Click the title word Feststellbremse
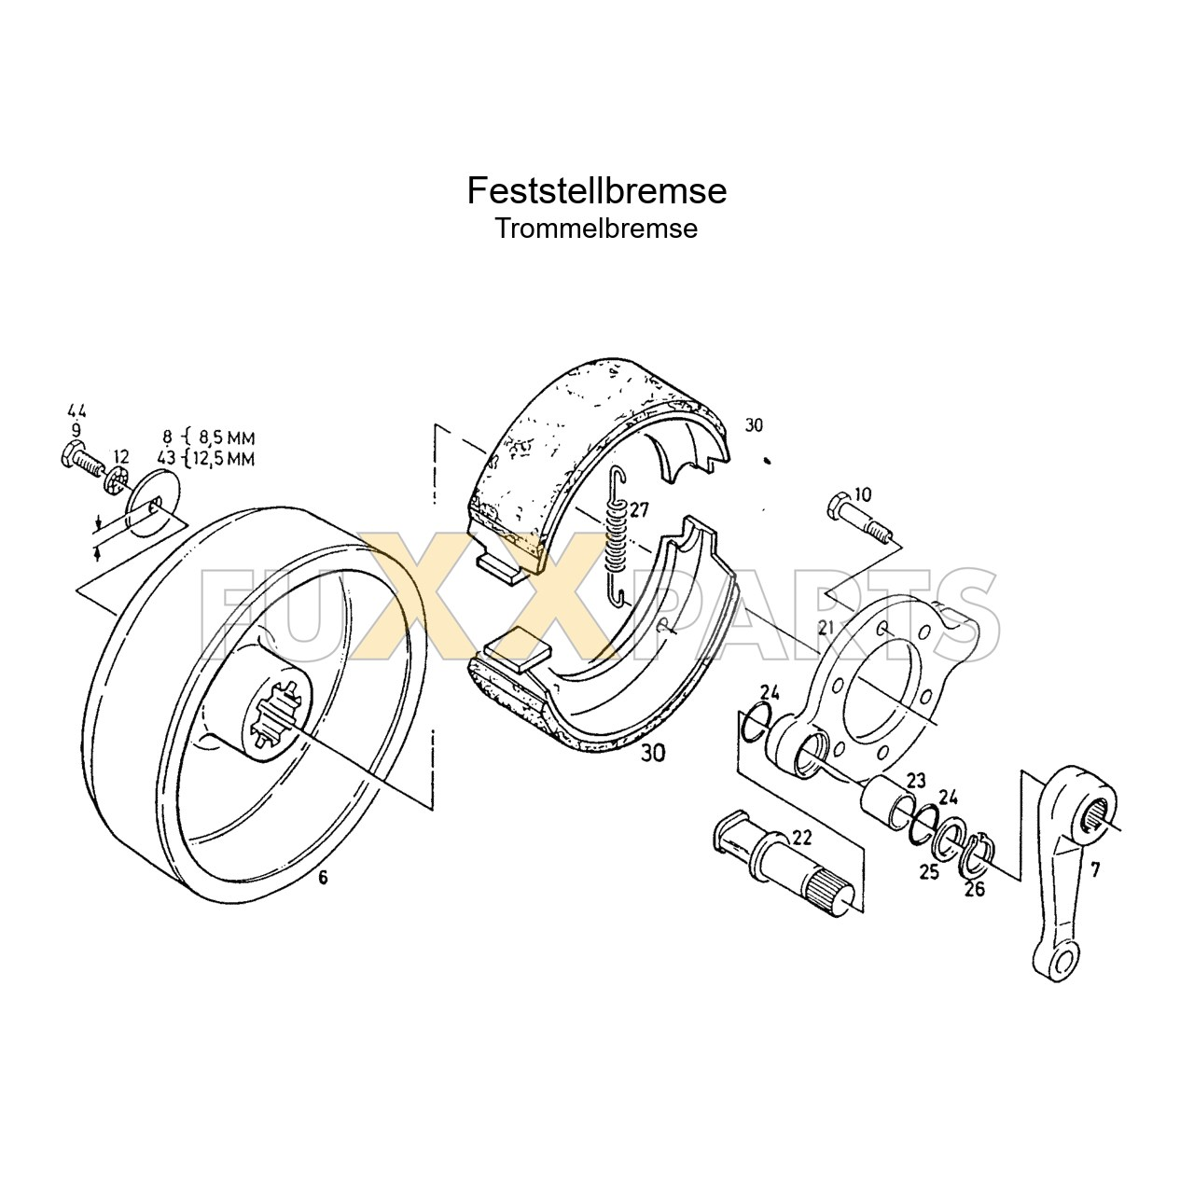596,190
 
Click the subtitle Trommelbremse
596,229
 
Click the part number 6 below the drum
323,877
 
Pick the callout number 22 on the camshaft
801,837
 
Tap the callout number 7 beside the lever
1094,869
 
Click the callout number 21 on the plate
825,629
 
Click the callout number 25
929,872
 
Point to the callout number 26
974,889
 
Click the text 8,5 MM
226,437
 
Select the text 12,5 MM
226,458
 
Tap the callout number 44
76,411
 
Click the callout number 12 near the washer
120,454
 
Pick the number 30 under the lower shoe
653,754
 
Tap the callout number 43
166,458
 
